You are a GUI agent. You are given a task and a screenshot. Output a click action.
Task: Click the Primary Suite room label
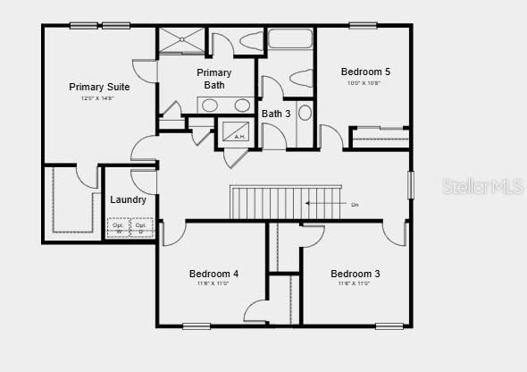(x=99, y=87)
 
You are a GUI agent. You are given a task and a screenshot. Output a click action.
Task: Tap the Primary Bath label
(x=213, y=79)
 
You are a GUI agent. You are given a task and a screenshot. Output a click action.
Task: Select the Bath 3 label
(x=276, y=114)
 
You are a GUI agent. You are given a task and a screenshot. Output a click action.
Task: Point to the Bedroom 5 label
(x=365, y=72)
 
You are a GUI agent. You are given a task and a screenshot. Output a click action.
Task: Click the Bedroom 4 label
(x=213, y=274)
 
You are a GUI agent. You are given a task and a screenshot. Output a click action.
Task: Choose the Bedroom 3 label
(x=356, y=274)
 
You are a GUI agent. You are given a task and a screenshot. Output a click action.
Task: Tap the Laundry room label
(x=129, y=199)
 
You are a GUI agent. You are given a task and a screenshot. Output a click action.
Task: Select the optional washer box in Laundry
(x=118, y=227)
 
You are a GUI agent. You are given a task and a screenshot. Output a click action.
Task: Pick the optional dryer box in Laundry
(x=141, y=227)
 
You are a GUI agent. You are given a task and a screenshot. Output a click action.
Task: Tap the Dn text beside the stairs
(x=355, y=205)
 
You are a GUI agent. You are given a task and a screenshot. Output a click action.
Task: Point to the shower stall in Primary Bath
(x=181, y=40)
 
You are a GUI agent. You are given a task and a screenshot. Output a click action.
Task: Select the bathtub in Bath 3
(x=289, y=40)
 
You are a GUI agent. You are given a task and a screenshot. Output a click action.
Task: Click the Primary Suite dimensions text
(x=98, y=97)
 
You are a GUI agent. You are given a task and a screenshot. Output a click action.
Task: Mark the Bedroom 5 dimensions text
(x=364, y=83)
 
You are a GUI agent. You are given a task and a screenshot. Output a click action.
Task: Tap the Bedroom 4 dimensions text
(x=213, y=283)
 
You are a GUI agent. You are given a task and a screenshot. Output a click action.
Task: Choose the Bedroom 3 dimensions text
(x=355, y=283)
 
